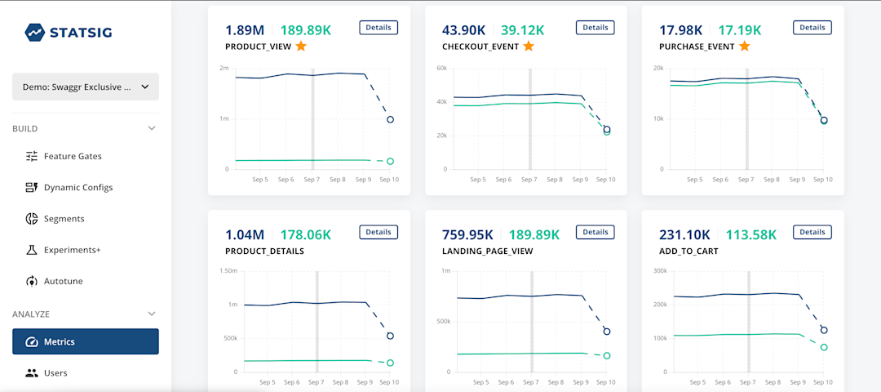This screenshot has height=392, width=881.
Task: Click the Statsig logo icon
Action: point(33,32)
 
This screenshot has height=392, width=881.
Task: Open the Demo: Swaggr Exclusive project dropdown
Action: point(85,87)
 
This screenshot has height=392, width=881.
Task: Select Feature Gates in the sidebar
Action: point(73,156)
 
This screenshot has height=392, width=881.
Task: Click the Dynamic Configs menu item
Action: point(78,187)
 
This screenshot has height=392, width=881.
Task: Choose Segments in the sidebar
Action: point(64,219)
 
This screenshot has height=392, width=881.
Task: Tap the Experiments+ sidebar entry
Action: point(72,250)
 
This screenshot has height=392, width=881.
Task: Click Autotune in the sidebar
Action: point(63,281)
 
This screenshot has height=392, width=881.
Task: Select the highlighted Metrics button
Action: point(85,341)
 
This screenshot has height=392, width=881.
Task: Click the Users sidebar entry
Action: point(55,373)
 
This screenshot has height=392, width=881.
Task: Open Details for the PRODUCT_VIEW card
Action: point(379,27)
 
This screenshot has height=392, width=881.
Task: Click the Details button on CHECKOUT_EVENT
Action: point(595,27)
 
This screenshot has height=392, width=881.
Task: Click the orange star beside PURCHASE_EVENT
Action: point(745,46)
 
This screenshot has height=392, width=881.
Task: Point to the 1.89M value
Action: point(245,30)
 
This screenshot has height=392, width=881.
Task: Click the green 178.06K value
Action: point(306,235)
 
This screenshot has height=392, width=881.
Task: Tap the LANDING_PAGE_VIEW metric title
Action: point(487,252)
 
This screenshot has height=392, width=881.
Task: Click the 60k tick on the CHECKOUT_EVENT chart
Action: point(441,68)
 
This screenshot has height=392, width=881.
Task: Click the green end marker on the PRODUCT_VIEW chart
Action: point(391,162)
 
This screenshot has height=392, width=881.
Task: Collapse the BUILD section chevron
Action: point(151,128)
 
